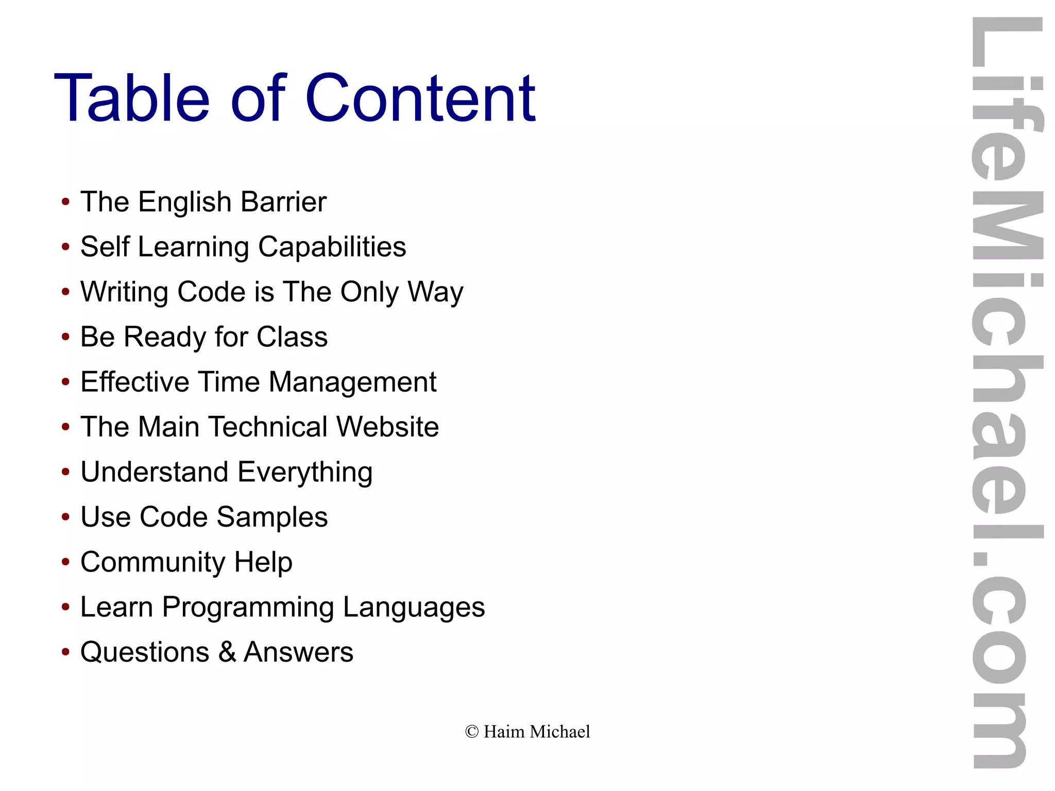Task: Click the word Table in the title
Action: pos(132,98)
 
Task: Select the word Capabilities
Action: pos(332,247)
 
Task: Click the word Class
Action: pos(292,337)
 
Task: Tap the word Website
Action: pos(387,427)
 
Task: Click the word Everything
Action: pos(305,473)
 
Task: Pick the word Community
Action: pos(152,562)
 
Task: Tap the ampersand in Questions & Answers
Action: pos(227,652)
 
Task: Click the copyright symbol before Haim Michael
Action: pos(472,732)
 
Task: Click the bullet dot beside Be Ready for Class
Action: pos(65,338)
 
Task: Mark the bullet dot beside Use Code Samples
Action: pos(65,517)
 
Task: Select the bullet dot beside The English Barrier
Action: pos(65,202)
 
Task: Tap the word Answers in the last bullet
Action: pos(298,652)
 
